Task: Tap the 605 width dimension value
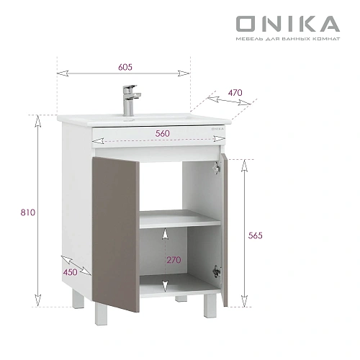pos(126,66)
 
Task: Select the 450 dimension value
pos(70,272)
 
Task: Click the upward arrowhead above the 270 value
pos(166,232)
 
